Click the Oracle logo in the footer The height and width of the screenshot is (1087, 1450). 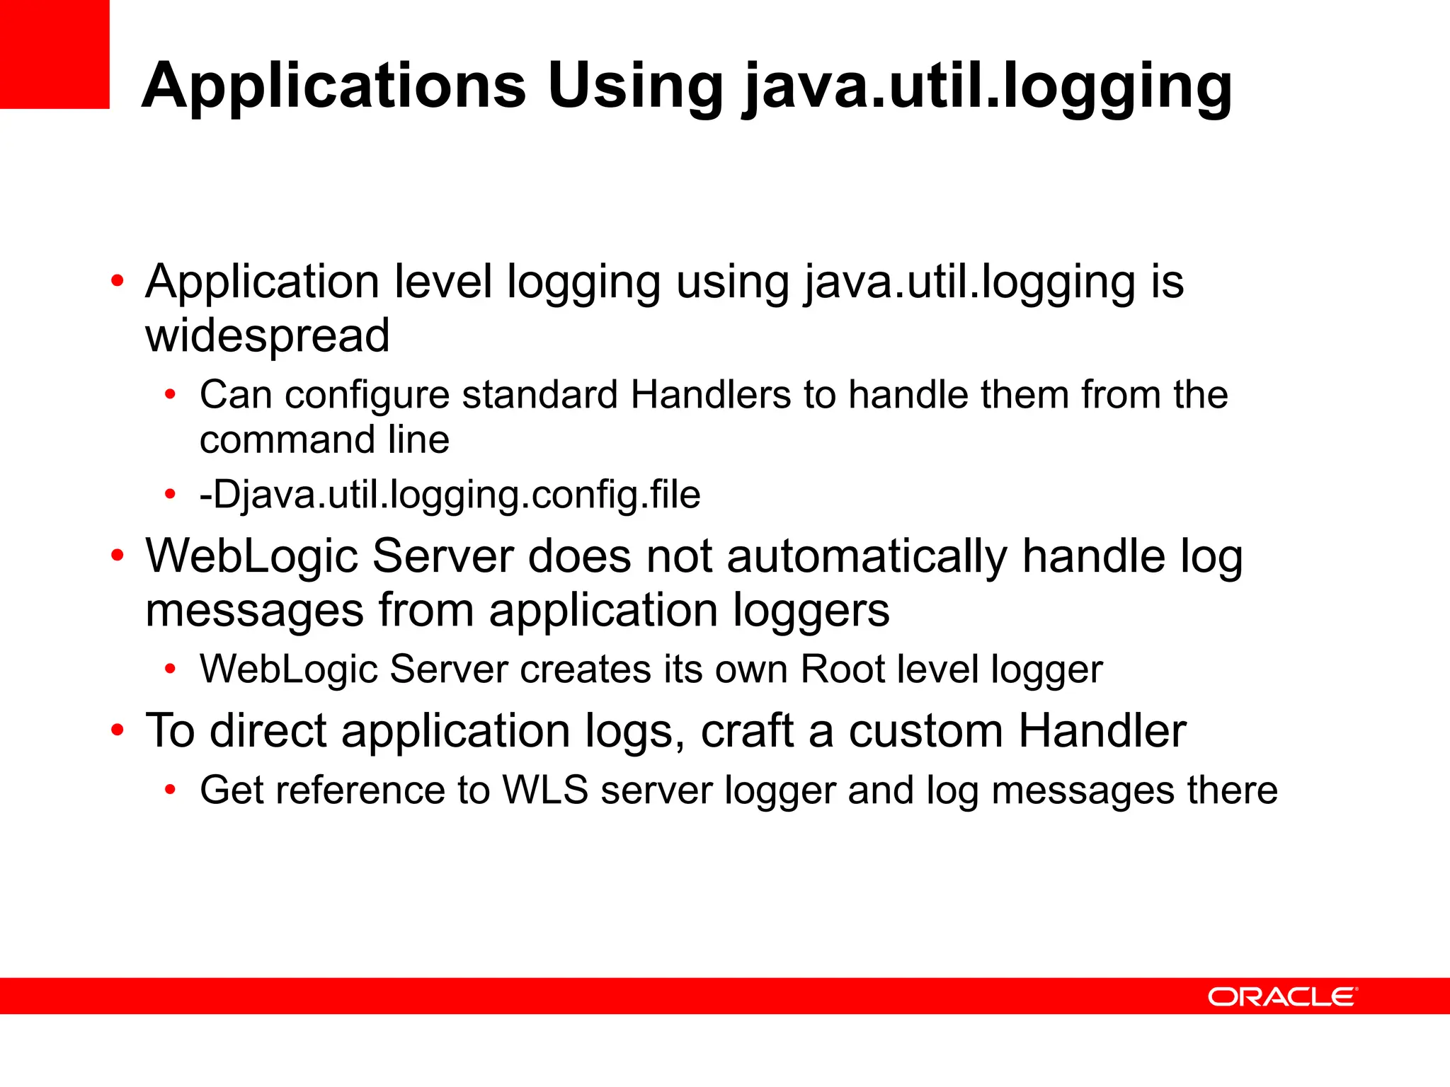[x=1282, y=996]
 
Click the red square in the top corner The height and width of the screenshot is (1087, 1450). [x=55, y=54]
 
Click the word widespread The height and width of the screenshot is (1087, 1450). [x=268, y=335]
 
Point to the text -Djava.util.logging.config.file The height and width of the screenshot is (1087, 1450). [x=450, y=494]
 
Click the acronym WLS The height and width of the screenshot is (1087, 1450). [x=545, y=790]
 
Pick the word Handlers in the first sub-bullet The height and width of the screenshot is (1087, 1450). [x=710, y=394]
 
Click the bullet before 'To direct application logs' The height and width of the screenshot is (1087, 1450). [x=118, y=730]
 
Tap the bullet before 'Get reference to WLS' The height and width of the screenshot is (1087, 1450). [x=170, y=789]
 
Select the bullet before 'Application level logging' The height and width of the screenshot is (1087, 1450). [x=118, y=281]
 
